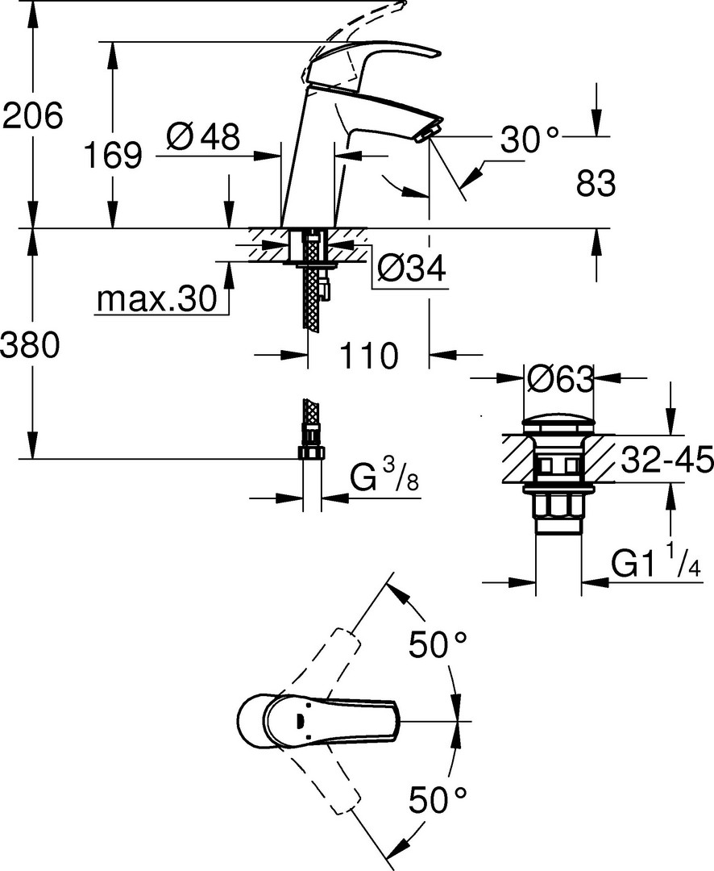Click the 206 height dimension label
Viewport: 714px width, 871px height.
pos(33,116)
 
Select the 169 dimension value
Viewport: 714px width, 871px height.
pos(113,155)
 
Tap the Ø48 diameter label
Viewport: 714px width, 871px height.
pos(203,136)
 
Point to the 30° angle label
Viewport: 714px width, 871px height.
pos(529,139)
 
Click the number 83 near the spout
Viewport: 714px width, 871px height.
pos(596,183)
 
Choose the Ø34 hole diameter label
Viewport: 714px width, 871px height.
pos(412,269)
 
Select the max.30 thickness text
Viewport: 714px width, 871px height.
pos(156,299)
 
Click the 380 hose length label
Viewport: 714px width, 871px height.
pos(30,345)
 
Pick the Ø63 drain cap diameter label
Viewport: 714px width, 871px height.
pos(560,381)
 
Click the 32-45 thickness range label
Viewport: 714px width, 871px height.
pos(666,460)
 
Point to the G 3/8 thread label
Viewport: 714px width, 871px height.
pos(384,477)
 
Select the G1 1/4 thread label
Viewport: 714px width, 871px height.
pos(656,561)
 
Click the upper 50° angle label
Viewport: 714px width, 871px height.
pos(438,644)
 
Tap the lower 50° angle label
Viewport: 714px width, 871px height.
pos(438,800)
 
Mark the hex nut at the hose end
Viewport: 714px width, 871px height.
pos(312,452)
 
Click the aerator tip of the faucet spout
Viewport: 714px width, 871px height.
pos(427,133)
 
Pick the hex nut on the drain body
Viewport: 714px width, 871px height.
pos(558,507)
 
